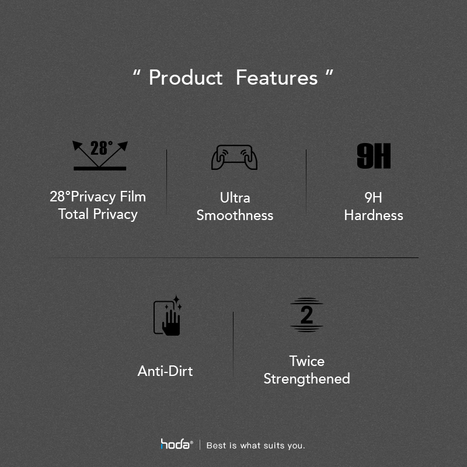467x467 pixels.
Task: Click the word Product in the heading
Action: coord(186,78)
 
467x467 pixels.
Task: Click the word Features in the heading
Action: coord(277,78)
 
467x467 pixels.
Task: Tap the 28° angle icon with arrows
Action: coord(100,155)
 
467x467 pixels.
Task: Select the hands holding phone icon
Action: coord(234,157)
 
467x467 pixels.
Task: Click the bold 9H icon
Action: coord(374,156)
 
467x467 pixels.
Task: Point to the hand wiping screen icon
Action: coord(168,315)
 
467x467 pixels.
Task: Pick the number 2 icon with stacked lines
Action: coord(306,315)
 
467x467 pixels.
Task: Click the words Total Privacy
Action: coord(97,214)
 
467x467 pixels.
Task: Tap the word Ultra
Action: coord(235,198)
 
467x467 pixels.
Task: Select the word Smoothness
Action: coord(235,215)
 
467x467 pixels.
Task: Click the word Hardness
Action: coord(374,215)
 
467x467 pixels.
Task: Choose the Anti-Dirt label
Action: coord(165,371)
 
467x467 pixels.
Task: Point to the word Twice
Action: coord(307,361)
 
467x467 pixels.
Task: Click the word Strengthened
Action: coord(307,379)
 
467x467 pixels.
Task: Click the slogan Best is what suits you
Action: coord(256,445)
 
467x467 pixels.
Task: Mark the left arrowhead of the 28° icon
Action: coord(77,145)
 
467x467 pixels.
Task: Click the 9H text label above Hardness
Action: coord(373,198)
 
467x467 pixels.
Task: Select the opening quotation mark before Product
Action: coord(137,73)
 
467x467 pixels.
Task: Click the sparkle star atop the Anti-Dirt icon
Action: coord(176,299)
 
